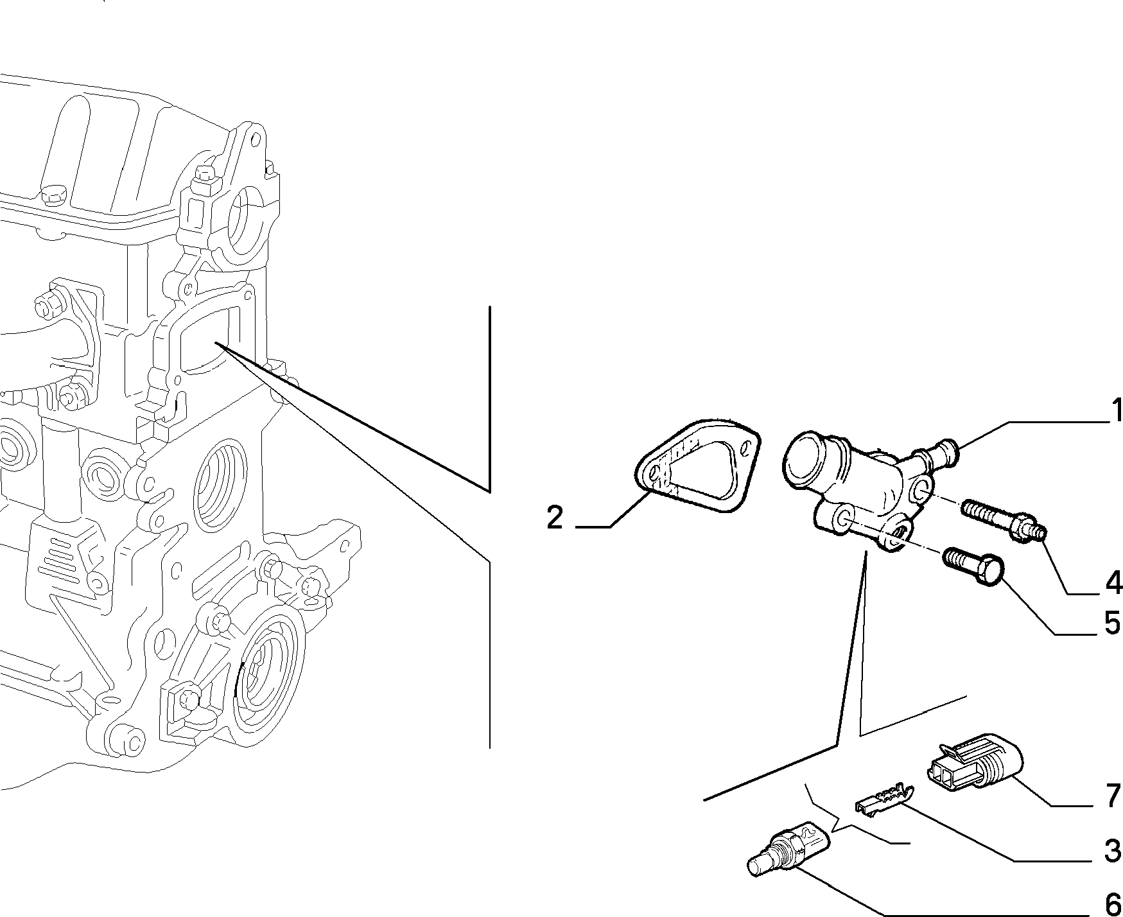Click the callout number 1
tap(1116, 411)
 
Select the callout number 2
tap(555, 518)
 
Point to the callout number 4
tap(1113, 582)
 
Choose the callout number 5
tap(1113, 623)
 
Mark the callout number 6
tap(1113, 903)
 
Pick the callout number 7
tap(1113, 796)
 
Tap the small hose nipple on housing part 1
tap(943, 452)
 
